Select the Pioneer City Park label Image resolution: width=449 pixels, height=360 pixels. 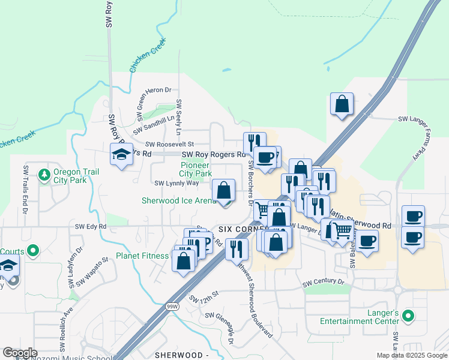[x=196, y=169]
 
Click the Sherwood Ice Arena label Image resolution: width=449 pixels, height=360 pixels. [x=178, y=200]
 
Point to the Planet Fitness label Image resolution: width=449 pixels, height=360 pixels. [x=142, y=256]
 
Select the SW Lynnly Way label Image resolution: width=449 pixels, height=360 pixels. [x=176, y=183]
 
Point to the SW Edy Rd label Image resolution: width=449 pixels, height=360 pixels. [x=91, y=226]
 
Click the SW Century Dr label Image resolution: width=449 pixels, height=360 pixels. [x=323, y=281]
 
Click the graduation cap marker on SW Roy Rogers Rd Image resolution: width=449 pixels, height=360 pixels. [x=122, y=155]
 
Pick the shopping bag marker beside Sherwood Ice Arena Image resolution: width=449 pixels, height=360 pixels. [x=224, y=190]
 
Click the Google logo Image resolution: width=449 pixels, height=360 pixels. [x=20, y=353]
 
